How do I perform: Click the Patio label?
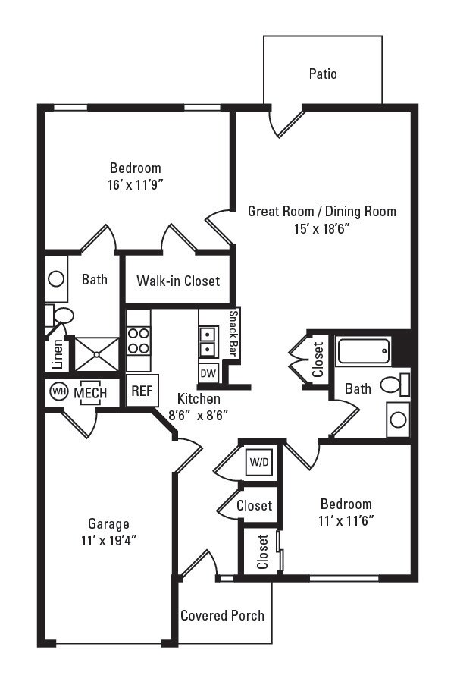coord(323,74)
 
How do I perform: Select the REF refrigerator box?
coord(142,391)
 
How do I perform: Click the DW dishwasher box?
coord(208,373)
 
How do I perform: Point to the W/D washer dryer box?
coord(259,462)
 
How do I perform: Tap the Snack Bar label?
coord(233,333)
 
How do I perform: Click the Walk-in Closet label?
coord(178,281)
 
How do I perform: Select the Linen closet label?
coord(58,354)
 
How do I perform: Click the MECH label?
coord(90,393)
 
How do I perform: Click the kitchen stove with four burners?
coord(139,341)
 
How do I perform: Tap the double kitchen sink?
coord(208,341)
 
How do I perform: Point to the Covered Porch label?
coord(222,615)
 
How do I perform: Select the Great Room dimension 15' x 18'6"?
coord(322,228)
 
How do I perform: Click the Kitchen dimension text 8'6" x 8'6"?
coord(199,415)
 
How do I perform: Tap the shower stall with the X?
coord(97,354)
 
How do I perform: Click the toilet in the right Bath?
coord(395,385)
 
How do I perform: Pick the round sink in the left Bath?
coord(56,278)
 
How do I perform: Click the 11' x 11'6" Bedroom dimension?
coord(346,520)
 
